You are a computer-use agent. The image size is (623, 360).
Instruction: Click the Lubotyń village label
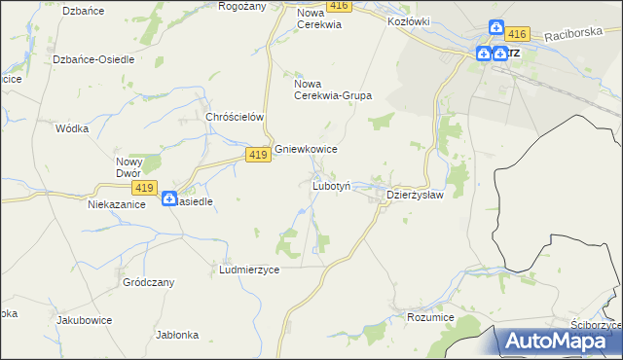[x=338, y=185]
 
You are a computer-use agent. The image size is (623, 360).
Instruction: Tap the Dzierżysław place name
[x=416, y=195]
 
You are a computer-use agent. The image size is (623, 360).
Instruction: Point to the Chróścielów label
[x=236, y=117]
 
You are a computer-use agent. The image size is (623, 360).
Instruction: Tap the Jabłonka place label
[x=177, y=334]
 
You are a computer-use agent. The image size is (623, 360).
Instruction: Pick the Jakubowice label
[x=84, y=319]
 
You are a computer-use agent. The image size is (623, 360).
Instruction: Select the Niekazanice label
[x=117, y=205]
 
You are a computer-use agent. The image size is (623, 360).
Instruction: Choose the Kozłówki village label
[x=409, y=20]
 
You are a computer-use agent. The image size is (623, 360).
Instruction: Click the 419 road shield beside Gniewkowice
[x=258, y=155]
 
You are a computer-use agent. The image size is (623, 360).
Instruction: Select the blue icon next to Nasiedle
[x=168, y=198]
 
